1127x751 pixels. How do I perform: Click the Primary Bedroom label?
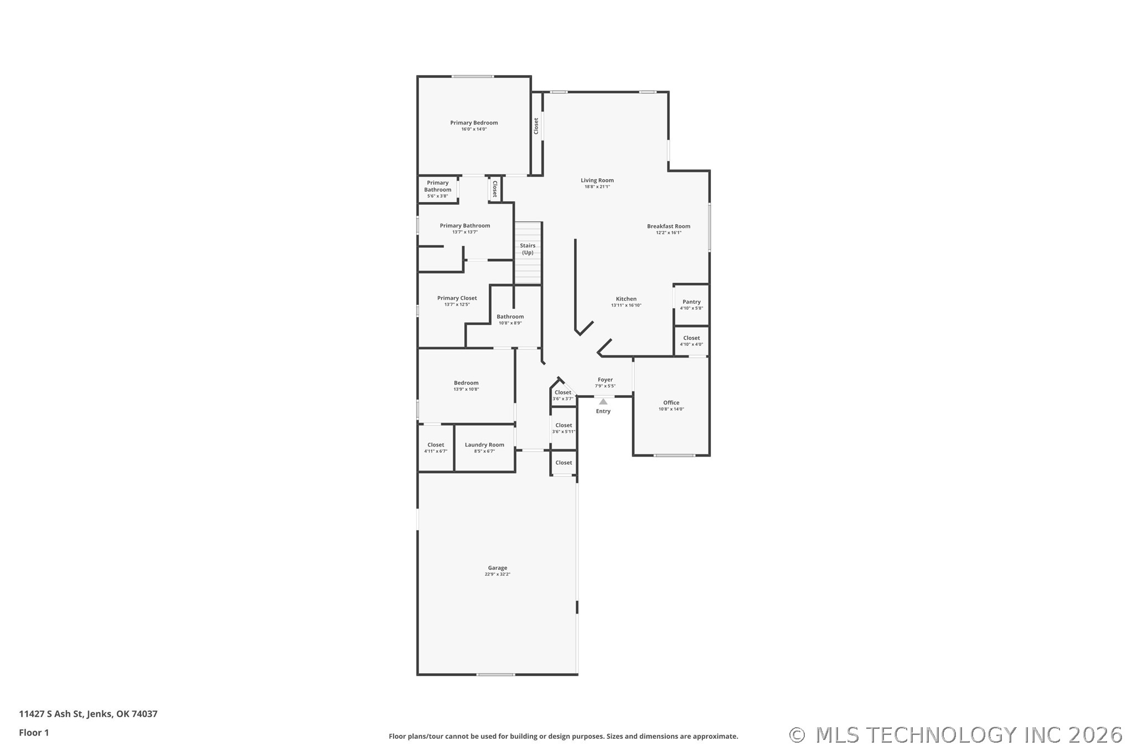coord(474,123)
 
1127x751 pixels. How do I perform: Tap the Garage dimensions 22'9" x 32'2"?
coord(497,574)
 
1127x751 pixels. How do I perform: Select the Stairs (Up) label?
coord(528,249)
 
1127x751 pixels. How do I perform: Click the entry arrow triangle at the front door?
coord(603,402)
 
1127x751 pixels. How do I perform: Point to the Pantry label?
coord(691,302)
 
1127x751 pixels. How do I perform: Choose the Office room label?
coord(671,403)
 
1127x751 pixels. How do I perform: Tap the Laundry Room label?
coord(484,444)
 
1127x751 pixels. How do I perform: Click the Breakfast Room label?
coord(669,226)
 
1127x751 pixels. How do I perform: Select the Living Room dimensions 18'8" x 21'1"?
coord(597,187)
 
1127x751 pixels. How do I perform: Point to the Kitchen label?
coord(626,299)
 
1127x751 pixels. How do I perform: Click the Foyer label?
coord(605,380)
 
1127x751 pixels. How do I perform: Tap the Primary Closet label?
coord(457,298)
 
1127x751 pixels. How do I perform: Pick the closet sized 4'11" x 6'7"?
coord(436,448)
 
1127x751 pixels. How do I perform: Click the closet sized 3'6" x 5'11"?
coord(563,428)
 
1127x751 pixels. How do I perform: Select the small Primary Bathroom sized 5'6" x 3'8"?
coord(437,189)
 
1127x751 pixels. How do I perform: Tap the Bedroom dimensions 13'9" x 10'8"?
coord(466,390)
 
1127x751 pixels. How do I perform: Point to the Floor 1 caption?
coord(34,733)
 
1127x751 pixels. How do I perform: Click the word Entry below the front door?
coord(603,411)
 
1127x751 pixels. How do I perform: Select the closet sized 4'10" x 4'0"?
coord(691,341)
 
